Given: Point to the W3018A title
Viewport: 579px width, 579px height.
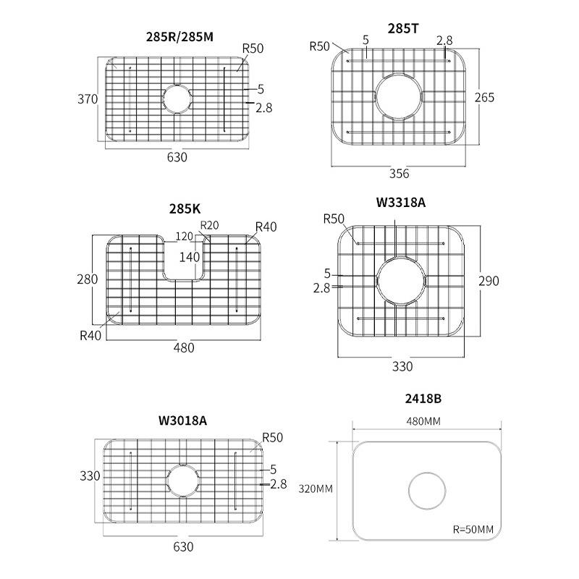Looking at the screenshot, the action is coord(182,420).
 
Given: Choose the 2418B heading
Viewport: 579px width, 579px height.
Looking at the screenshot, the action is coord(423,399).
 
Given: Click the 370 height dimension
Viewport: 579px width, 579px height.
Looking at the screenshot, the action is coord(88,100).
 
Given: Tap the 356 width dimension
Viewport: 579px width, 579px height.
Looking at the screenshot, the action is coord(399,174).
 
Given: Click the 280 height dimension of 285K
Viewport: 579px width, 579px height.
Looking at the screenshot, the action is coord(87,279).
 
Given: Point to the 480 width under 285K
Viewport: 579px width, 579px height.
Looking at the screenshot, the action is coord(184,347).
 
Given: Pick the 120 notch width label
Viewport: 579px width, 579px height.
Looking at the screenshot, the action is coord(185,237).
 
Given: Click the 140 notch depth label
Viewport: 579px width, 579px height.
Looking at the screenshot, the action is coord(190,256).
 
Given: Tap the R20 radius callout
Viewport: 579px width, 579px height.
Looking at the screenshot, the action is coord(209,225).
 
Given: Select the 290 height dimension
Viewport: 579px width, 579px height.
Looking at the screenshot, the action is coord(489,281).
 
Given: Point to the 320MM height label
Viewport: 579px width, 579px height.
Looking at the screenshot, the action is coord(316,489).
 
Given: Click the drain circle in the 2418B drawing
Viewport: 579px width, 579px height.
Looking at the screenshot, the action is coord(424,491).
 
